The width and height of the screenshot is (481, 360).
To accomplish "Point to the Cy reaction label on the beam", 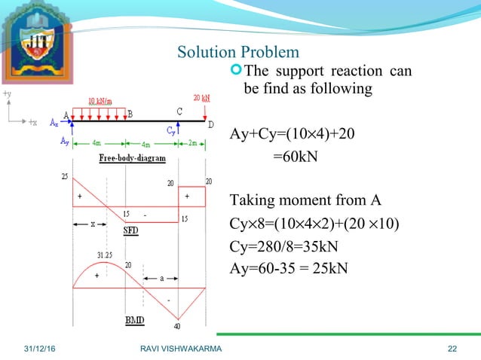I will pyautogui.click(x=170, y=129).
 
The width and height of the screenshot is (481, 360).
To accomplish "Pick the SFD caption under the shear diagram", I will pyautogui.click(x=131, y=230).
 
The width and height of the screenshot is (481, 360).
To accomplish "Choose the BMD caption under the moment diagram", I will pyautogui.click(x=135, y=320).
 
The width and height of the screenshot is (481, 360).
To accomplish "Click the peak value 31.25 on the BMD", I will pyautogui.click(x=107, y=255).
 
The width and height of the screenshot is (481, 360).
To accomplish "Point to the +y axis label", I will pyautogui.click(x=7, y=93).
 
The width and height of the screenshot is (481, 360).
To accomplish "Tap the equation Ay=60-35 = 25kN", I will pyautogui.click(x=289, y=269).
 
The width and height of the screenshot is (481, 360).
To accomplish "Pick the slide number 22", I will pyautogui.click(x=452, y=347).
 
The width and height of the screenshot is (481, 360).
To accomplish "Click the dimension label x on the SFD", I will pyautogui.click(x=92, y=224).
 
